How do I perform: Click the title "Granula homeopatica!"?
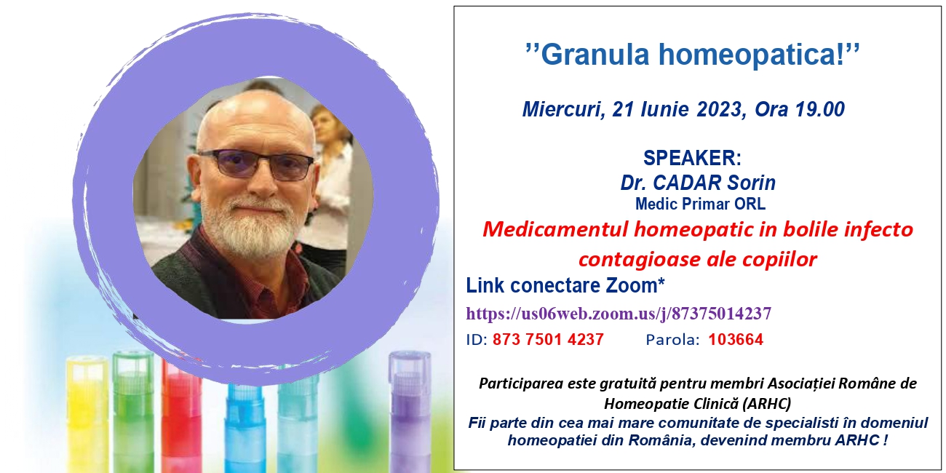pyautogui.click(x=693, y=55)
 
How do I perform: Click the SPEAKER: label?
pyautogui.click(x=692, y=158)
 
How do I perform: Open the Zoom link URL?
pyautogui.click(x=619, y=314)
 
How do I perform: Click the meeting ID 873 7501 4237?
pyautogui.click(x=548, y=340)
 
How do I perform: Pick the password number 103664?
pyautogui.click(x=736, y=340)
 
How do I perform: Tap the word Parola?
pyautogui.click(x=673, y=340)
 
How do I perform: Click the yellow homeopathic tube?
pyautogui.click(x=88, y=414)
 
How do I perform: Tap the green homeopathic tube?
pyautogui.click(x=134, y=412)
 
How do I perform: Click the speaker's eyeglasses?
pyautogui.click(x=256, y=164)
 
